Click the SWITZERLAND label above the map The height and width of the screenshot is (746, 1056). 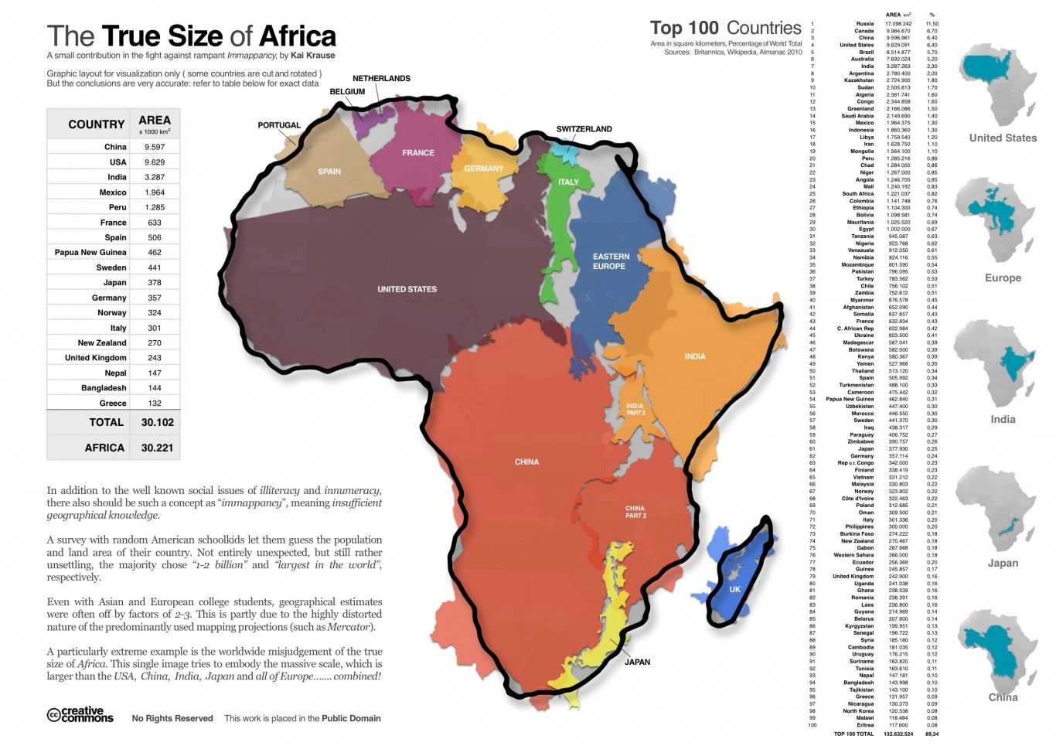[584, 129]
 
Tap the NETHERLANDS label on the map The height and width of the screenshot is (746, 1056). [381, 78]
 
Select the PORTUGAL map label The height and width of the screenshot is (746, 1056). [279, 125]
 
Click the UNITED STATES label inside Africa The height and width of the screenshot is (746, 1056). [407, 289]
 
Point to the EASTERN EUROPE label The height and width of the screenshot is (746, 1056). [610, 261]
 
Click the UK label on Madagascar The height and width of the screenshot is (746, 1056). [734, 589]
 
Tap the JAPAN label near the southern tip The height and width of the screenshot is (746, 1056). [637, 662]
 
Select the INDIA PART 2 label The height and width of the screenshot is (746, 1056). [635, 410]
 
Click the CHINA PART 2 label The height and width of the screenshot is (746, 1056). [635, 512]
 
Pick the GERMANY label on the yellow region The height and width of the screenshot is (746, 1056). [483, 169]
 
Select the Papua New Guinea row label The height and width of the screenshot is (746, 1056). [90, 253]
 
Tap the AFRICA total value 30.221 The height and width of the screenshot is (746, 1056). [157, 448]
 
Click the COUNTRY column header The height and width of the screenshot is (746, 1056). [96, 124]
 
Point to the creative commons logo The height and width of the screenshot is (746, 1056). [80, 715]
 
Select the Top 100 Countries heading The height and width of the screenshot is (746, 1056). [725, 29]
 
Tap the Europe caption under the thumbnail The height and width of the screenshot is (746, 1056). [1003, 278]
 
